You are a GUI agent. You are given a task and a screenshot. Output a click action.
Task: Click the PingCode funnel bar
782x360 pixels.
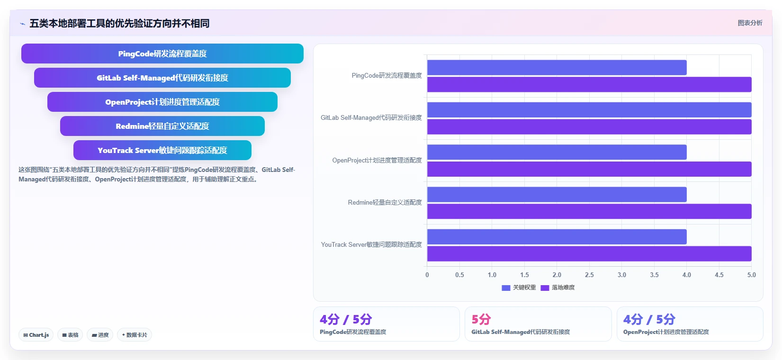[162, 54]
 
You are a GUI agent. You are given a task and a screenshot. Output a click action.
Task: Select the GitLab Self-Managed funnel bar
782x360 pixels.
[162, 78]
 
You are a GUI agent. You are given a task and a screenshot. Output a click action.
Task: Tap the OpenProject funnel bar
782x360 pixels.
[162, 102]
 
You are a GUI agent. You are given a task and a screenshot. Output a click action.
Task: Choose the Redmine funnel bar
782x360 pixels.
[162, 126]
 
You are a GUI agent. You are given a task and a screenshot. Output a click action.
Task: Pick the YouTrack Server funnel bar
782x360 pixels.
[162, 150]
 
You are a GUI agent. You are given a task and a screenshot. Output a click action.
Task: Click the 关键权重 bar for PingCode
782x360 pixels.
[557, 67]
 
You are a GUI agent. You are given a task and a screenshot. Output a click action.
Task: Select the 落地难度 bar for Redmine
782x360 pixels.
[589, 211]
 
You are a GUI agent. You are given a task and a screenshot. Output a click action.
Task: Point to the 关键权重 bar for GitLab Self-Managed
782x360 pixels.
[589, 109]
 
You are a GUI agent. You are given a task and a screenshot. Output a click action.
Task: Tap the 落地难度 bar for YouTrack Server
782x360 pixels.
[589, 253]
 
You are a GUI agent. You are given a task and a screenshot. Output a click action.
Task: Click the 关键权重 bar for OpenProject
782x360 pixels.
[557, 152]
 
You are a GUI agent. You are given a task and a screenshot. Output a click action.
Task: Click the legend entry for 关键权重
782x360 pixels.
[519, 288]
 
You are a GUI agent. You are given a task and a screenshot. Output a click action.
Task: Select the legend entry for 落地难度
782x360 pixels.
[557, 288]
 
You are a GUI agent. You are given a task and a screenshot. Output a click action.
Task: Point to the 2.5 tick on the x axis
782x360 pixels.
[589, 275]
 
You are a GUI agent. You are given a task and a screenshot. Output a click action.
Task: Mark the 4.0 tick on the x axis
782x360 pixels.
[687, 275]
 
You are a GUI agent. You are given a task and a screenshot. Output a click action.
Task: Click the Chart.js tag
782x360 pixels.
[36, 335]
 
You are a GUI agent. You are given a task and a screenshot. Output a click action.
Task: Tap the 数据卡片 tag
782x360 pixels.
[135, 335]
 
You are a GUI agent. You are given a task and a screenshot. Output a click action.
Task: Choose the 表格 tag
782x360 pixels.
[70, 335]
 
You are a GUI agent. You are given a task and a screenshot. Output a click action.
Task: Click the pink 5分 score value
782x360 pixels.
[481, 319]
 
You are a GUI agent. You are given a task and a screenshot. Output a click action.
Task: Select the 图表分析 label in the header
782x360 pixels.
[750, 23]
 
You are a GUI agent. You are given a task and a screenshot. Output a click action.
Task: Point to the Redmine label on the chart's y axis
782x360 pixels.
[385, 203]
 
